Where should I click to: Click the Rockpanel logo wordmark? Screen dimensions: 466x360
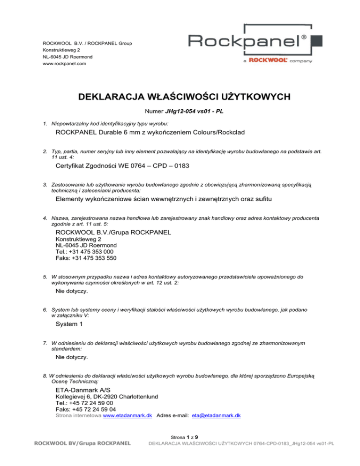click(x=247, y=41)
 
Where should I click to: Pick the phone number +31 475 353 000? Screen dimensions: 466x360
click(x=87, y=252)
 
